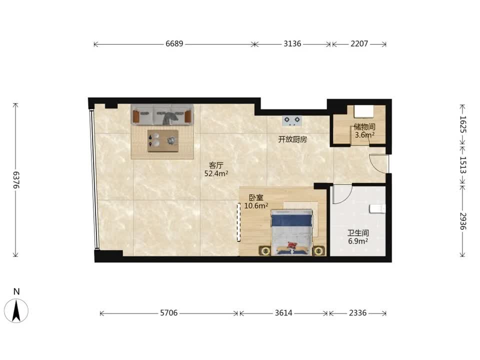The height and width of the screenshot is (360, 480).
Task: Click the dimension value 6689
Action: point(174,44)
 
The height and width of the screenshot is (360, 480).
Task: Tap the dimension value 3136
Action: point(292,44)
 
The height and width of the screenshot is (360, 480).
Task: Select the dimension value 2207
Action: point(359,44)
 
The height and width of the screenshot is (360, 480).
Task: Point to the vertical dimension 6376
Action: point(16,180)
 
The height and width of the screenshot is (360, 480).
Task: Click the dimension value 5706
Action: point(168,313)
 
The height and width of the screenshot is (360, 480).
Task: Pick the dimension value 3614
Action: point(283,313)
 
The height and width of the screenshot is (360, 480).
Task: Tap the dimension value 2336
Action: point(357,313)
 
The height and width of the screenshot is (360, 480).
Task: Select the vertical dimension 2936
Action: point(462,221)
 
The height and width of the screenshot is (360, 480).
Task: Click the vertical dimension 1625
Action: point(462,124)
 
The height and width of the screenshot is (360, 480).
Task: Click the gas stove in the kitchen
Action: point(291,120)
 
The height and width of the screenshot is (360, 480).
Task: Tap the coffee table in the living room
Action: point(163,141)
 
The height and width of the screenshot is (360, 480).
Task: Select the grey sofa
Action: point(162,114)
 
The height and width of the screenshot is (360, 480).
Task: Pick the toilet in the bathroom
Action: point(377,208)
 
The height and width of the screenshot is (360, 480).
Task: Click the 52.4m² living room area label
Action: point(216,173)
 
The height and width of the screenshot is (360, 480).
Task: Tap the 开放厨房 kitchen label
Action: point(292,139)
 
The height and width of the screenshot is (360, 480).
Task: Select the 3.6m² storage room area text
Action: point(364,134)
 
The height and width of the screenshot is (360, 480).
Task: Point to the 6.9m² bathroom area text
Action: point(358,241)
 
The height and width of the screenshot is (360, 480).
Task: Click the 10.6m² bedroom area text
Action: point(256,205)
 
